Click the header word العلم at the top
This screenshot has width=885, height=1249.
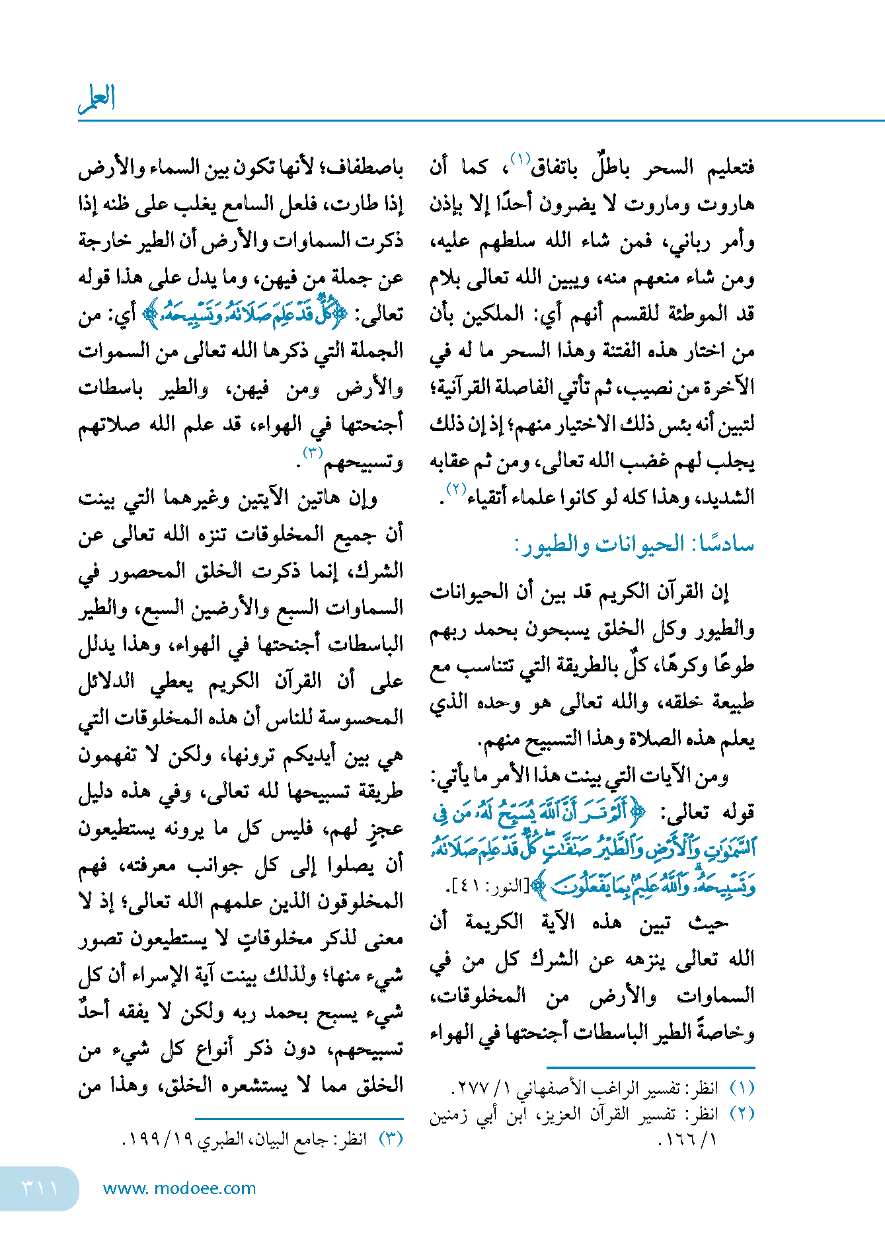point(97,99)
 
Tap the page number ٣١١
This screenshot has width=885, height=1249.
point(40,1188)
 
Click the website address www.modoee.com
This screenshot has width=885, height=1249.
point(179,1188)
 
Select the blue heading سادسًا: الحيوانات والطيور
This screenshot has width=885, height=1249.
point(634,545)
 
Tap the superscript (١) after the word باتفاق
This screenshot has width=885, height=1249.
point(521,159)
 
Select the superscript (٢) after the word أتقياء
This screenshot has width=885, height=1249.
point(457,490)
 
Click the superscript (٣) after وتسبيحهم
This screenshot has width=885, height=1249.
point(312,453)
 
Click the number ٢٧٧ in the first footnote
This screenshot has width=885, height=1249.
point(473,1088)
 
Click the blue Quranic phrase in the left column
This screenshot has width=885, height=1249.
point(244,315)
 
